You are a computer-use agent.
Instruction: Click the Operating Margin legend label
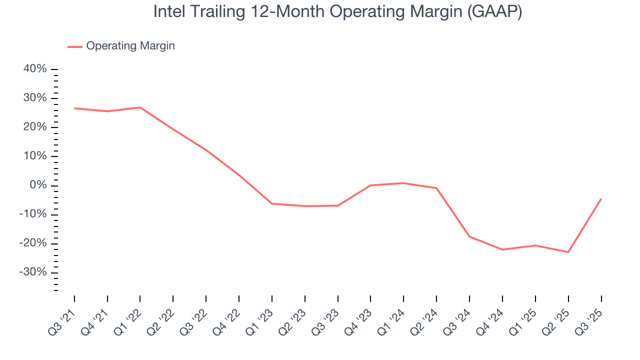[x=130, y=46]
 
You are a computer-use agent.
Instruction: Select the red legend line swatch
[x=75, y=46]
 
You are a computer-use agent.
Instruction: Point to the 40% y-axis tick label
[x=35, y=69]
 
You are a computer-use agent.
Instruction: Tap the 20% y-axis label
[x=35, y=127]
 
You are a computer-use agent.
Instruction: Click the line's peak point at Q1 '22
[x=140, y=107]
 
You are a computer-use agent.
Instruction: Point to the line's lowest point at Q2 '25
[x=568, y=252]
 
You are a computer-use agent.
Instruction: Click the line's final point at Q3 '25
[x=601, y=199]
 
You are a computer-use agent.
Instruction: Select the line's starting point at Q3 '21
[x=74, y=108]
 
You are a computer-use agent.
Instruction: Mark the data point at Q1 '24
[x=403, y=183]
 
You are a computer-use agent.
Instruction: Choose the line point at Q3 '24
[x=469, y=236]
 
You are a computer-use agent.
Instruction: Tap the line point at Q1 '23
[x=272, y=203]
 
